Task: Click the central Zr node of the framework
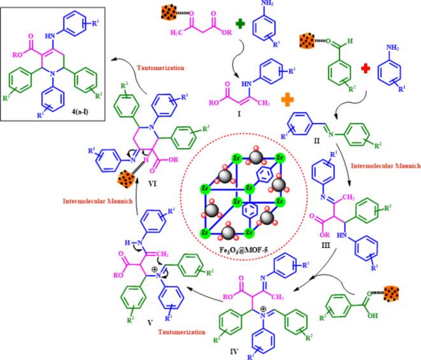coord(237,189)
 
